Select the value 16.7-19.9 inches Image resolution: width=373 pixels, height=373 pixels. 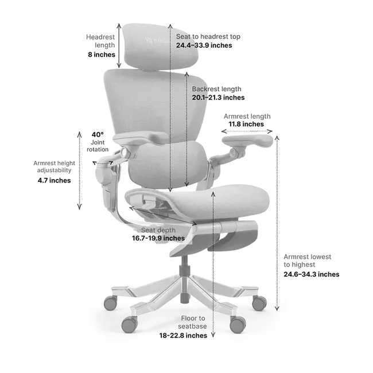(x=157, y=238)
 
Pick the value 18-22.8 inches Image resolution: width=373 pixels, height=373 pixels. (x=184, y=336)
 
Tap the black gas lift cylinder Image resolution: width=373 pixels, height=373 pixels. (x=184, y=278)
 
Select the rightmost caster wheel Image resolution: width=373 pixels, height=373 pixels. (x=259, y=304)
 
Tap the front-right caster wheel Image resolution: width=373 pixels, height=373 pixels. (x=237, y=324)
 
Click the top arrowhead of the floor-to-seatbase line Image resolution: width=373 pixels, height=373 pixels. (x=214, y=193)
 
